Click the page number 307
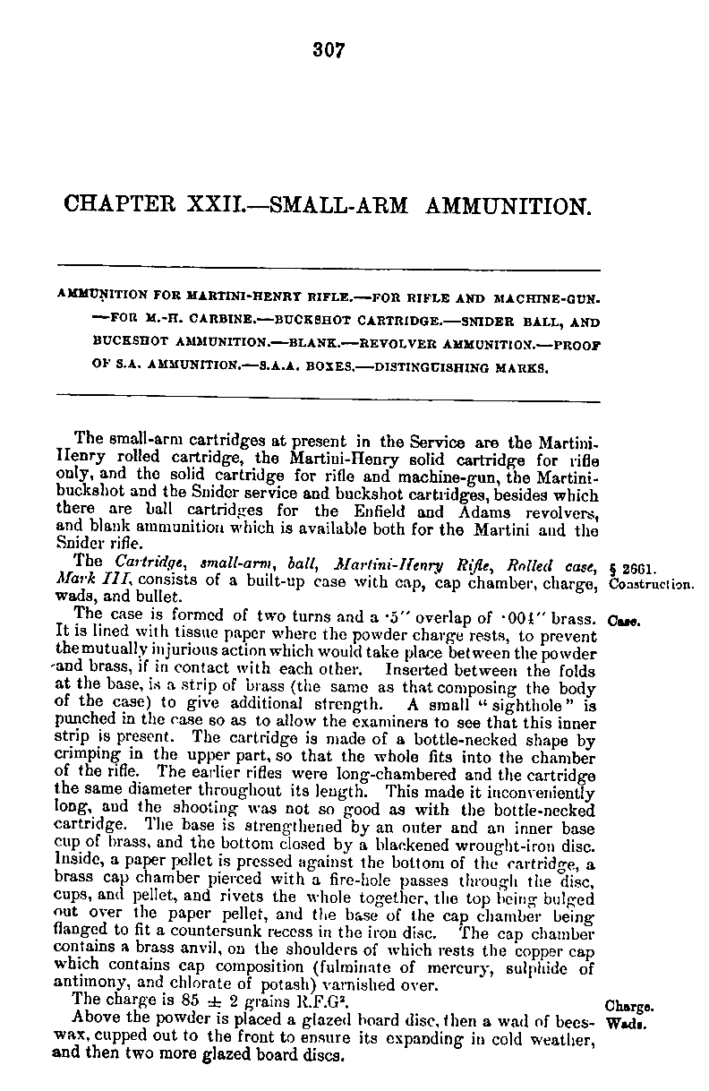tap(329, 50)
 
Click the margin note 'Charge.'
tap(627, 1005)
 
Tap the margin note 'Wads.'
tap(622, 1021)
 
